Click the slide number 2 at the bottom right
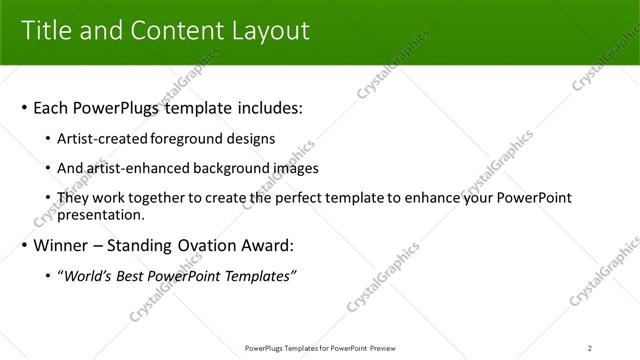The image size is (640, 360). coord(590,348)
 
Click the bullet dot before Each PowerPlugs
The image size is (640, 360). coord(24,108)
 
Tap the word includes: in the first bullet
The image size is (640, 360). coord(268,108)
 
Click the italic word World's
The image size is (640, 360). coord(87,276)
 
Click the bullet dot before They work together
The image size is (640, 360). coord(49,198)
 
